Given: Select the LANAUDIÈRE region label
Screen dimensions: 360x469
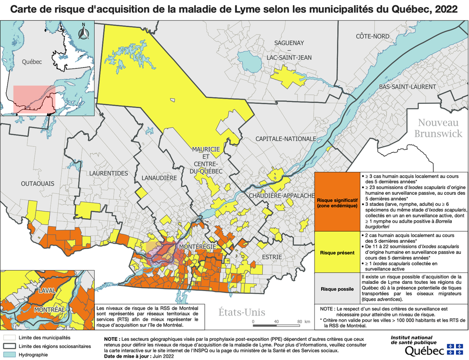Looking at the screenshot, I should tap(159, 178).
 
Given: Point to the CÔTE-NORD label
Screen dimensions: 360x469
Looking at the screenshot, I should tap(372, 36).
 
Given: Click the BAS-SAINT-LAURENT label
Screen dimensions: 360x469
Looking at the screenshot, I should tap(407, 87).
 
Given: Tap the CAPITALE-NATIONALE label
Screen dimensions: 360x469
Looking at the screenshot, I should tap(286, 139).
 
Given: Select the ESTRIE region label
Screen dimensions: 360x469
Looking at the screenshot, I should tap(271, 257).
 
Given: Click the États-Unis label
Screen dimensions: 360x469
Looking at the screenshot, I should tap(242, 312).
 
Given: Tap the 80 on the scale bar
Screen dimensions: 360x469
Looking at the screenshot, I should tap(299, 321).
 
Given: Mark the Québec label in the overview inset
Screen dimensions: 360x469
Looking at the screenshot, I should tap(32, 62).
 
